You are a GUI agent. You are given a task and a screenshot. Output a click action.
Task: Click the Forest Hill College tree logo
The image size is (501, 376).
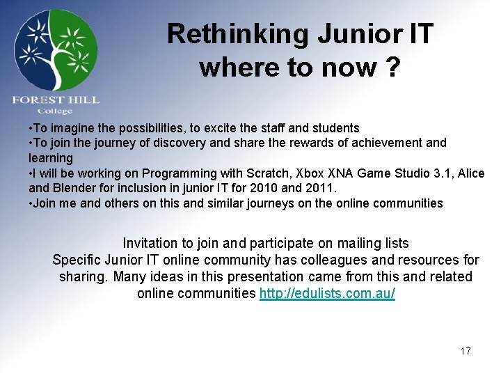(56, 50)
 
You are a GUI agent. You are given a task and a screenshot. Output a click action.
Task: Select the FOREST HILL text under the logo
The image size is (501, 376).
(56, 100)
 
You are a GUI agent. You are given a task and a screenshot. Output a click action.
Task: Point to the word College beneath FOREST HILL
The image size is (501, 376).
(55, 111)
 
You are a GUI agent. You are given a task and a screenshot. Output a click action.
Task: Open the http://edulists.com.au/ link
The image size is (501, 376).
(327, 293)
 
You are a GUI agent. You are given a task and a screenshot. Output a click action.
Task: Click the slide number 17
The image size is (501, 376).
(465, 351)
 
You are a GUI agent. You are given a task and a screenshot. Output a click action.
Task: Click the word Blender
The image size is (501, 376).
(72, 188)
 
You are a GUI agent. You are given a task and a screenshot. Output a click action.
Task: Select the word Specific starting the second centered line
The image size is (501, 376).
(77, 260)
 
